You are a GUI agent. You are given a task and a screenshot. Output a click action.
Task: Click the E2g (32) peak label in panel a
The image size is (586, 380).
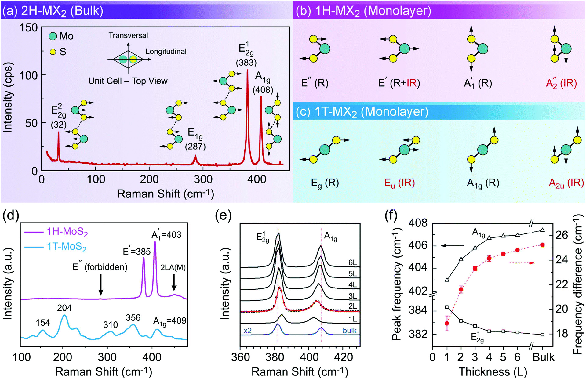tap(58, 116)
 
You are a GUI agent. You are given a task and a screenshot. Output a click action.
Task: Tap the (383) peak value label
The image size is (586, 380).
tap(246, 63)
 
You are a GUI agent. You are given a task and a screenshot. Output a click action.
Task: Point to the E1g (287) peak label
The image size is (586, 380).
tap(195, 139)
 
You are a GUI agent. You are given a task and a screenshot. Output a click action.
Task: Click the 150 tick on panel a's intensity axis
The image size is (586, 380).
tap(29, 28)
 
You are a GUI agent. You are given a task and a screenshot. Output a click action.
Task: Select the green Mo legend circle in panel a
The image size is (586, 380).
tap(53, 36)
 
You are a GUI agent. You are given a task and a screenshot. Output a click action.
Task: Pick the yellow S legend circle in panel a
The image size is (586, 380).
tap(53, 52)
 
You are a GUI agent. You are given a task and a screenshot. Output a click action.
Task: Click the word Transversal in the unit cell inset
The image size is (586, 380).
tap(128, 35)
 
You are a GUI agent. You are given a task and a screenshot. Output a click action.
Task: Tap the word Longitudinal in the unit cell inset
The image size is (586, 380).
tap(166, 51)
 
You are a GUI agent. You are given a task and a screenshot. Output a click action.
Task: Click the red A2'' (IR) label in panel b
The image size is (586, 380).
tap(561, 83)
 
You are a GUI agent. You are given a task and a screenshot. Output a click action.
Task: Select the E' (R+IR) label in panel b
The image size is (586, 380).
tap(399, 83)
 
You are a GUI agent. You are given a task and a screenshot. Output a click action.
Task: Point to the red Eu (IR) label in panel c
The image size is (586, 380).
tap(399, 183)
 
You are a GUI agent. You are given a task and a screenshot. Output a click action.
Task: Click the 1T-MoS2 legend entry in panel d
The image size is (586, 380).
tap(66, 246)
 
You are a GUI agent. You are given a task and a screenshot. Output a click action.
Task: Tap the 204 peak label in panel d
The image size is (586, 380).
tap(64, 308)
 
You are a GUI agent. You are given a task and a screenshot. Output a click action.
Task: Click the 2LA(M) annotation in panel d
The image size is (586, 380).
tap(173, 267)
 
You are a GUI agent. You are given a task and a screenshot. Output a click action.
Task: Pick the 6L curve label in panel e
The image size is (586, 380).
tap(352, 262)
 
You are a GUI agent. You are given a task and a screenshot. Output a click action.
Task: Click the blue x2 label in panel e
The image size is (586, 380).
tap(248, 331)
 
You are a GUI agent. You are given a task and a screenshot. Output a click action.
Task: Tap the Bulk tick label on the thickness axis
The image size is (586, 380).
tap(543, 357)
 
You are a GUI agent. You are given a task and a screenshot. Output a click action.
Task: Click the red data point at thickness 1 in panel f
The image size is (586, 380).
tap(447, 323)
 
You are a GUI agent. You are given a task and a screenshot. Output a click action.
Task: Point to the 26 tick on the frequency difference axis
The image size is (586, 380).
tap(561, 235)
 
